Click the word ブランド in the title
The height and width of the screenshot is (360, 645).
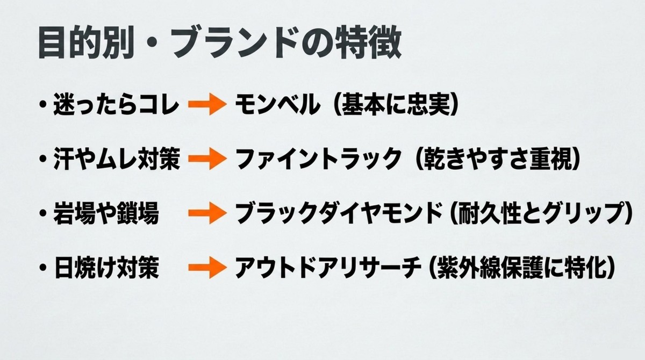tap(235, 42)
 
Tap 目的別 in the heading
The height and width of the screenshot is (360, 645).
tap(87, 42)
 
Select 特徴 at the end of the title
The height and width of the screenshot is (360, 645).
tap(369, 42)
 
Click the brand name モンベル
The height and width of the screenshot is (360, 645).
tap(277, 104)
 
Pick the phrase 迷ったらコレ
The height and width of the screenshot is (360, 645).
tap(116, 104)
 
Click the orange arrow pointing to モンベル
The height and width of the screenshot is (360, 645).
tap(207, 104)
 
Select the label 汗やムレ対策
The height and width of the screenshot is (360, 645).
tap(117, 159)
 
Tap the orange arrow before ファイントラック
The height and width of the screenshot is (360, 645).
tap(207, 159)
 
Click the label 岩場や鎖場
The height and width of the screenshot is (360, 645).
tap(106, 213)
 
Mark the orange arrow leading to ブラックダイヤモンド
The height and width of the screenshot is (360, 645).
tap(207, 213)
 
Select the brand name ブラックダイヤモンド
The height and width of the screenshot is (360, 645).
tap(339, 213)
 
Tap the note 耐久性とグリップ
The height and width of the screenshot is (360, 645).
tap(541, 213)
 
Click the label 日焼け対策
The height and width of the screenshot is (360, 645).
tap(106, 268)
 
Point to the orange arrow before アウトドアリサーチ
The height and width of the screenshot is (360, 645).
tap(207, 268)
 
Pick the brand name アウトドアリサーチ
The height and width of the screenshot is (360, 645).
tap(328, 268)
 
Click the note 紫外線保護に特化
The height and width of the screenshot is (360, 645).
tap(522, 268)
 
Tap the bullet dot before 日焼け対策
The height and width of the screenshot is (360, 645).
tap(43, 268)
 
